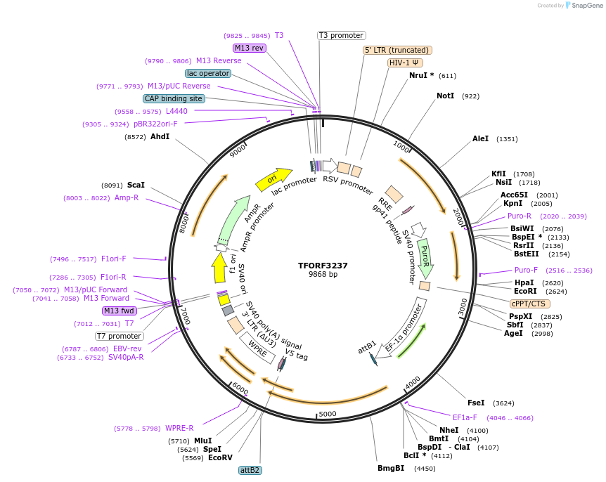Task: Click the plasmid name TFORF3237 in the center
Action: [x=323, y=266]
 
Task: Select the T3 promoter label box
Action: [x=342, y=35]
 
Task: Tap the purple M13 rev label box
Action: [x=250, y=48]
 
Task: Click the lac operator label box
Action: [x=208, y=73]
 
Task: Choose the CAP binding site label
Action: [x=174, y=99]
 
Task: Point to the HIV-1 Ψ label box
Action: [x=405, y=63]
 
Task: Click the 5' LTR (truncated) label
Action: [x=397, y=50]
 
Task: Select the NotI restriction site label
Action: [x=445, y=96]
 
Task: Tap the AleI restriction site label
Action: [x=480, y=139]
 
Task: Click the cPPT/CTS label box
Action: [x=528, y=304]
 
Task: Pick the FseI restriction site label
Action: [x=476, y=403]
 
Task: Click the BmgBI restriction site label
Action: [x=391, y=468]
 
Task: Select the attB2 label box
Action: [x=250, y=470]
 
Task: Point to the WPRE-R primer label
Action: [x=179, y=428]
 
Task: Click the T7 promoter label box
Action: [x=120, y=336]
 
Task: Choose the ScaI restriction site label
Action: [x=135, y=185]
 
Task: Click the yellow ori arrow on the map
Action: [x=274, y=180]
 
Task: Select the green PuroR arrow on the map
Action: [x=425, y=257]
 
